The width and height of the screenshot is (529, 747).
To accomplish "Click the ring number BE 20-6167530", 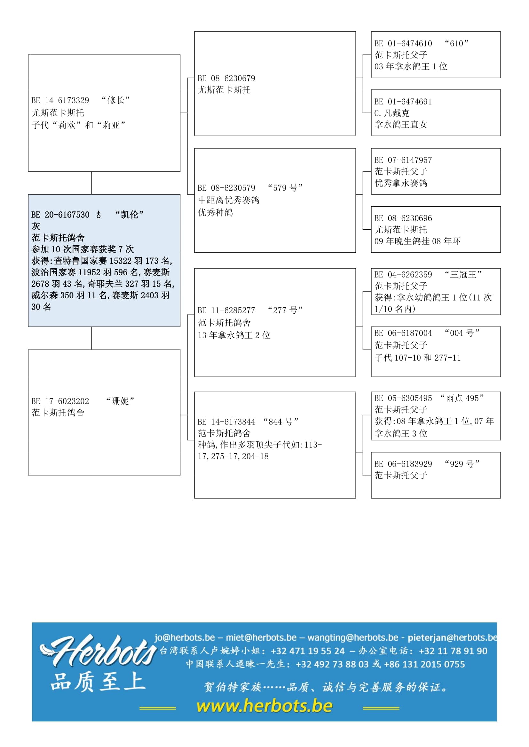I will click(x=60, y=215).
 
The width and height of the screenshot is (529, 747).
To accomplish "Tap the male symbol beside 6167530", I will click(x=99, y=215).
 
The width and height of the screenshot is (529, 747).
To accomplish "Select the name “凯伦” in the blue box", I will click(x=129, y=214).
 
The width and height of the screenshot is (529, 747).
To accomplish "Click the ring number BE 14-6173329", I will click(x=60, y=101).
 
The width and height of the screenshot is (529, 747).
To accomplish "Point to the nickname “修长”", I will click(x=115, y=100).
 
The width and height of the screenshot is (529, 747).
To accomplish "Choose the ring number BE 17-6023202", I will click(x=60, y=401).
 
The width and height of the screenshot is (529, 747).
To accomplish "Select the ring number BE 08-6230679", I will click(x=226, y=79).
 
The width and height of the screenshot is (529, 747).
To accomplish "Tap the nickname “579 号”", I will click(x=285, y=188).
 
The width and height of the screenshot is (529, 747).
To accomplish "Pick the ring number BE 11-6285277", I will click(x=226, y=310).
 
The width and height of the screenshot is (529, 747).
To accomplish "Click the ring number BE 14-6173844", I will click(x=226, y=422).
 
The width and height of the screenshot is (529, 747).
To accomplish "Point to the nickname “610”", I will click(x=456, y=44).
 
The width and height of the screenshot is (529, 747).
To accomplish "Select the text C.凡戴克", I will click(x=392, y=113).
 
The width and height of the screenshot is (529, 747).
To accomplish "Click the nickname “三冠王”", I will click(x=463, y=275).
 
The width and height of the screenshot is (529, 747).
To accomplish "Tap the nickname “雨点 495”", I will click(x=462, y=398).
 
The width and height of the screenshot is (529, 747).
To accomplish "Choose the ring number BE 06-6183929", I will click(x=403, y=464).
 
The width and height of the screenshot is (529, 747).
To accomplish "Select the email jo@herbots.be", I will click(x=185, y=637).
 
